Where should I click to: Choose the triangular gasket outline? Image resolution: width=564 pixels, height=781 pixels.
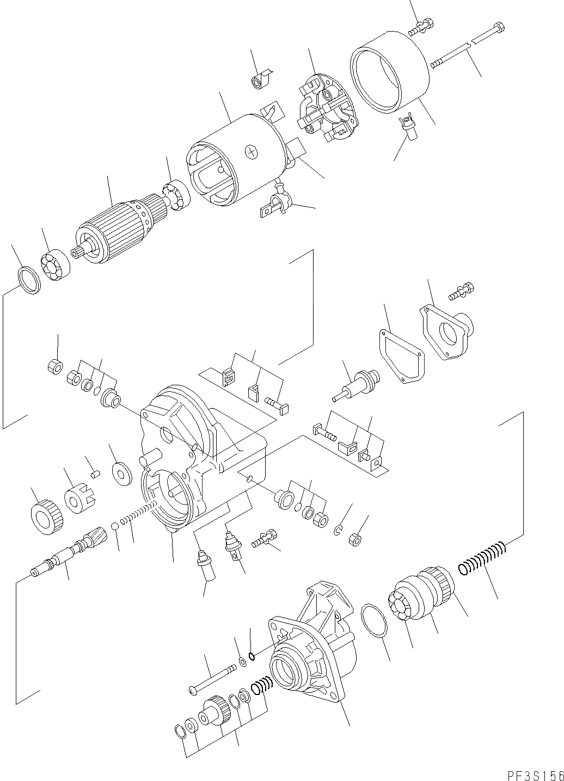coord(401,356)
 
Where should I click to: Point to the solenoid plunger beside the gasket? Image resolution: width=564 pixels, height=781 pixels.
coord(357,383)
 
